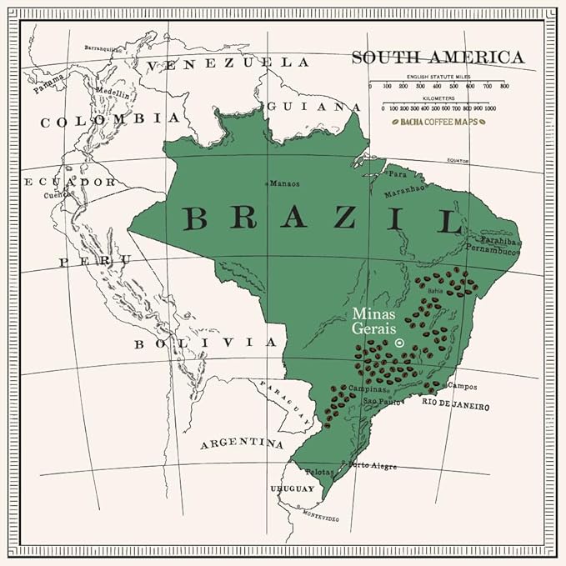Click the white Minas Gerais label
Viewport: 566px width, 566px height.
pyautogui.click(x=373, y=321)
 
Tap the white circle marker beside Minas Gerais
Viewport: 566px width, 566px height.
pyautogui.click(x=399, y=343)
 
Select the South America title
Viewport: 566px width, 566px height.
pyautogui.click(x=438, y=58)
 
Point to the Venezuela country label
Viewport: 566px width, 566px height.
pyautogui.click(x=225, y=63)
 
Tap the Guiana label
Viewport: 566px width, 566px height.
pyautogui.click(x=314, y=107)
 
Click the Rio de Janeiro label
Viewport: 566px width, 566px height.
pyautogui.click(x=455, y=404)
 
